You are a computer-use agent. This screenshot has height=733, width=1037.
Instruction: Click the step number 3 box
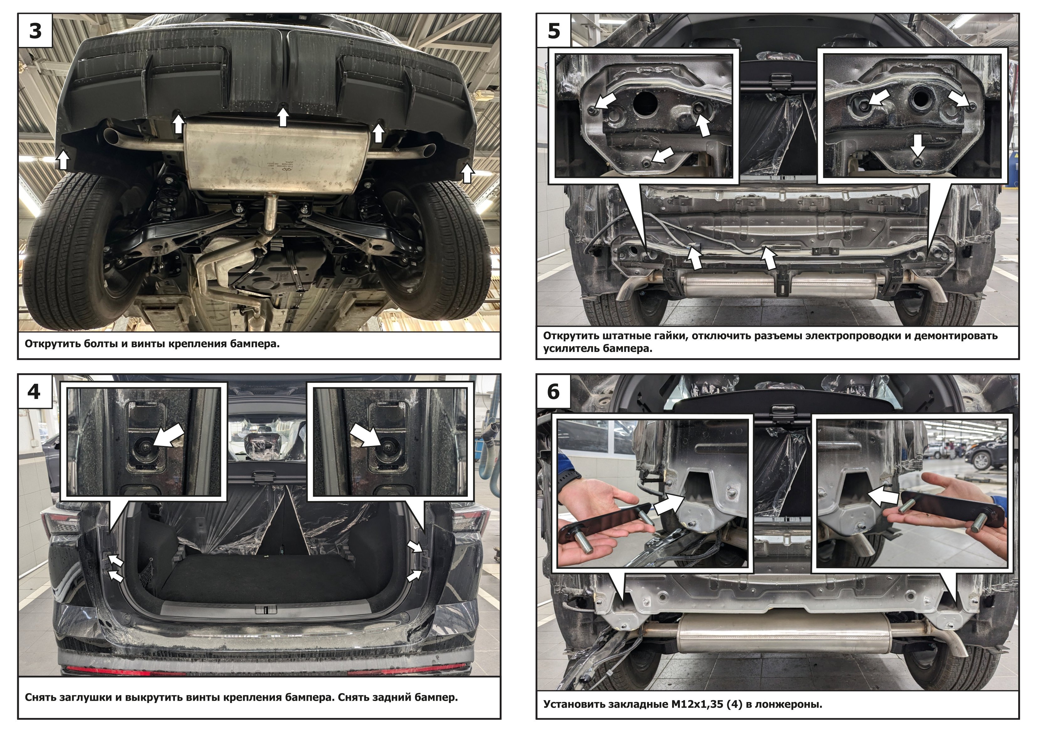(35, 30)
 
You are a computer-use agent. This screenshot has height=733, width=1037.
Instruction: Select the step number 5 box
(554, 30)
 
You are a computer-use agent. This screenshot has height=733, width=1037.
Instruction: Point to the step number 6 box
(554, 391)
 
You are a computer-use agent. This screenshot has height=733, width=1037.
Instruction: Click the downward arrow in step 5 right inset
(917, 145)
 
